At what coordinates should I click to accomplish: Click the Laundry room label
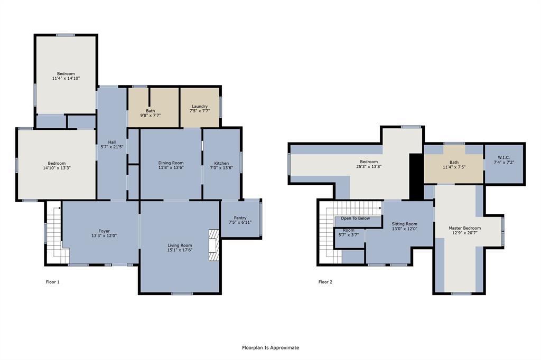click(200, 107)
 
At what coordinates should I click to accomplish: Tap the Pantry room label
click(240, 217)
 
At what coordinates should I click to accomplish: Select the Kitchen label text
click(221, 163)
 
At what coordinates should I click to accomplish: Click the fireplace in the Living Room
click(213, 245)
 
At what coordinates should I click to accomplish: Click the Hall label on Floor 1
click(112, 142)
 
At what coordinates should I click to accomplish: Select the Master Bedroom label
click(464, 228)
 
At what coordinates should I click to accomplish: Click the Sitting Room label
click(404, 224)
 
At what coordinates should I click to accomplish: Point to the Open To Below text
click(355, 218)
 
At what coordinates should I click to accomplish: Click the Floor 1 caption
click(53, 282)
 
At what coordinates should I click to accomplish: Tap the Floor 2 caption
click(325, 282)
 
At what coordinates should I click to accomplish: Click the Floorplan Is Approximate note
click(270, 347)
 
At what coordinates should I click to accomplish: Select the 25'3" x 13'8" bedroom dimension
click(369, 167)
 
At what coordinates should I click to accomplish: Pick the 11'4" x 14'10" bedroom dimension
click(66, 78)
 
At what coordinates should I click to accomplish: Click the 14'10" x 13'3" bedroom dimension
click(57, 168)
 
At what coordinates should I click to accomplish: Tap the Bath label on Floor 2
click(454, 162)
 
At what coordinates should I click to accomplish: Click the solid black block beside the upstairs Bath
click(416, 177)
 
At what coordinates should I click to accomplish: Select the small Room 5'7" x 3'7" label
click(348, 230)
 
